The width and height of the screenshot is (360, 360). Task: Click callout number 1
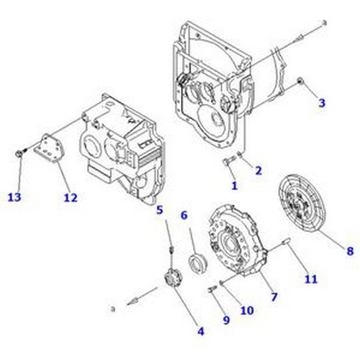point(234,184)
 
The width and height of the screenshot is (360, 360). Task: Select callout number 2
point(258,170)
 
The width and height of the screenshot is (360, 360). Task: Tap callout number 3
point(321,103)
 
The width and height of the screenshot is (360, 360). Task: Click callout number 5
point(159,209)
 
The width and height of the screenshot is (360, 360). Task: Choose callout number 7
point(274,297)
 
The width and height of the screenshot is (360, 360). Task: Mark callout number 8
point(350,251)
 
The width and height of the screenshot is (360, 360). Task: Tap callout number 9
point(226,320)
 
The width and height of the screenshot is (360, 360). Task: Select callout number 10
point(247,310)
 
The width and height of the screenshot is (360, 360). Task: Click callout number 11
point(310,279)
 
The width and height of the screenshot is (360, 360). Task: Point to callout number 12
point(71,197)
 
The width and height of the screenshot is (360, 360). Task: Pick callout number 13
point(14,197)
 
